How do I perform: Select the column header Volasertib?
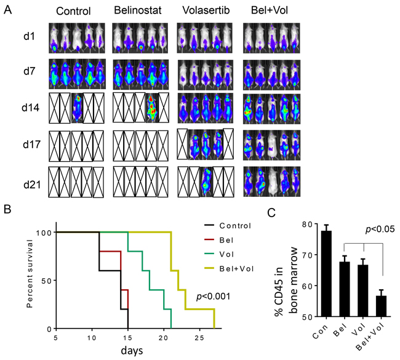[203, 10]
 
